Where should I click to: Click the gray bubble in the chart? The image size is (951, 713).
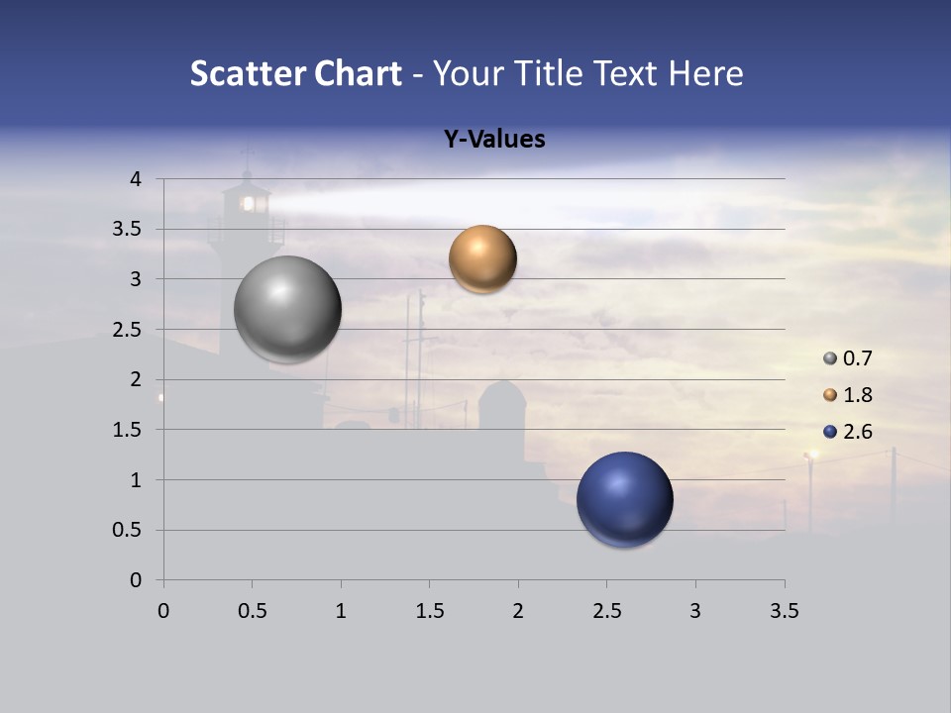(x=287, y=309)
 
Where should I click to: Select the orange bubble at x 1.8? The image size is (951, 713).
(x=482, y=258)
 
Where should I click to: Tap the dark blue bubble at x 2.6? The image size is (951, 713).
(x=624, y=499)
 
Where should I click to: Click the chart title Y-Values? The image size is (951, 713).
(x=493, y=140)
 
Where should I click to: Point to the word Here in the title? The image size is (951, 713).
(x=706, y=73)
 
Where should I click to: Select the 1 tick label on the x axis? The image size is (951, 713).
(x=341, y=611)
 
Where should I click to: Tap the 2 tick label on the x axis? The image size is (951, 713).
(x=518, y=611)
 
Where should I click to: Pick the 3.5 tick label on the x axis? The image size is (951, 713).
(x=785, y=611)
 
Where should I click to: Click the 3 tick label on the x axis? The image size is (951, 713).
(x=695, y=611)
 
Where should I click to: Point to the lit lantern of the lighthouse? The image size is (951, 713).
(x=249, y=204)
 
